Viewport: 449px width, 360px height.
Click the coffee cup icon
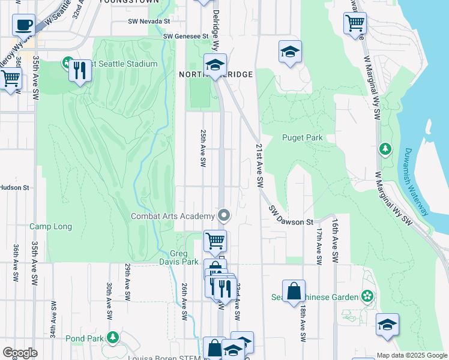[23, 26]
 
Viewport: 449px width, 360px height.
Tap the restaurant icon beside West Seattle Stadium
[79, 71]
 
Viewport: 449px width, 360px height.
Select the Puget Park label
[303, 137]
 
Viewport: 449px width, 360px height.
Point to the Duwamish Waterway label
[416, 181]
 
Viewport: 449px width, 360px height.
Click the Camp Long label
[51, 227]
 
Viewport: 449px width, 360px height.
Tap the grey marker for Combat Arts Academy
[224, 215]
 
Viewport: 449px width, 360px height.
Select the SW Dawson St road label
[291, 217]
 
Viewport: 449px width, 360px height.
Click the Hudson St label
[14, 188]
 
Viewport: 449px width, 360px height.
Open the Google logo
[20, 353]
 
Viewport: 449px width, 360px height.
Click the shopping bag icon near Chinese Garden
[294, 292]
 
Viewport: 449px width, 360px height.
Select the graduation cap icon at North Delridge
[214, 66]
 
